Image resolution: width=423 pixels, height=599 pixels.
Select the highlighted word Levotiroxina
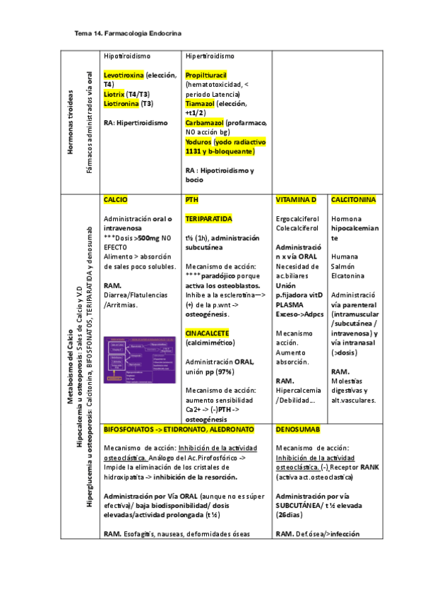[124, 74]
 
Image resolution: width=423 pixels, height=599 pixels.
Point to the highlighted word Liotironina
[121, 103]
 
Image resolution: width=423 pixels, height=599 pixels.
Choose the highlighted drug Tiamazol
[200, 103]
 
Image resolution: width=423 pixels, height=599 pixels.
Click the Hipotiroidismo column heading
[129, 56]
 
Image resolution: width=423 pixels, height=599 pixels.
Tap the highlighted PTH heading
[191, 201]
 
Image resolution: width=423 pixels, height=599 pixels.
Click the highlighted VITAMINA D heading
[297, 201]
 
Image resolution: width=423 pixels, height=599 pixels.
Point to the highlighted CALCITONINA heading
[353, 201]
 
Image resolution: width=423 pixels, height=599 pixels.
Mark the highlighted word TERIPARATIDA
[208, 220]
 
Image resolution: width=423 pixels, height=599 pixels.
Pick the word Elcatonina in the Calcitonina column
[349, 275]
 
